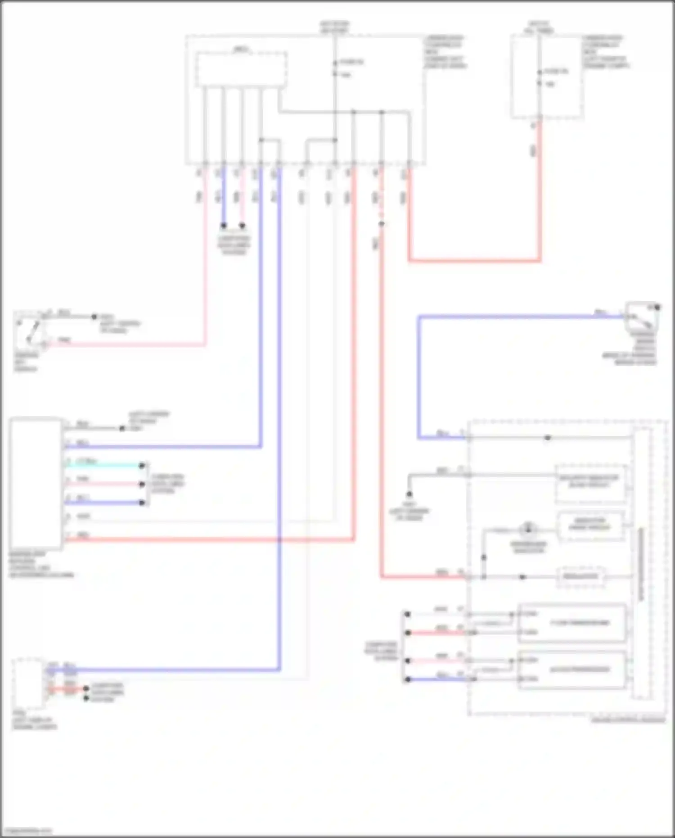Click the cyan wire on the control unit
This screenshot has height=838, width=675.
[103, 465]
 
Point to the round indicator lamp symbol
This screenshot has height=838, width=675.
[528, 529]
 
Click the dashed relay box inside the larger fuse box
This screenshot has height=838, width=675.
[241, 69]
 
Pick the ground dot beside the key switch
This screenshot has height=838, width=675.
[94, 317]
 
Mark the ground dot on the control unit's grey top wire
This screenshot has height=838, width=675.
[122, 428]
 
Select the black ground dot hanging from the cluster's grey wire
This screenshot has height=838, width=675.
[409, 494]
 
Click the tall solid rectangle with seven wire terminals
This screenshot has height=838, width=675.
[36, 483]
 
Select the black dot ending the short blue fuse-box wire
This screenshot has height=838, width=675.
[224, 225]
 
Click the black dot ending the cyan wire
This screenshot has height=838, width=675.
[142, 466]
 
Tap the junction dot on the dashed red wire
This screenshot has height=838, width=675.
[381, 224]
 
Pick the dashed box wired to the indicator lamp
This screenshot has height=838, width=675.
[590, 525]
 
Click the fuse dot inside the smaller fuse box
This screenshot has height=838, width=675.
[540, 72]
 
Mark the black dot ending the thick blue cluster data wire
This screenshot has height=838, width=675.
[407, 679]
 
